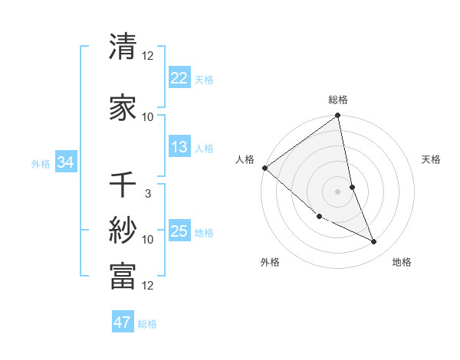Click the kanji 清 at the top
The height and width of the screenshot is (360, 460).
tap(123, 47)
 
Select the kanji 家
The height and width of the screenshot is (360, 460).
tap(123, 109)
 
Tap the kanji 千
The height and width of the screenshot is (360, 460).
tap(123, 186)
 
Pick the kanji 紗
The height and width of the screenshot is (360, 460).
tap(123, 231)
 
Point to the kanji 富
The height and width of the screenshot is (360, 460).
tap(123, 276)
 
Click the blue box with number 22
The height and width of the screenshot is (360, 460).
tap(179, 77)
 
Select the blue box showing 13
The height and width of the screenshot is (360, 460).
tap(179, 147)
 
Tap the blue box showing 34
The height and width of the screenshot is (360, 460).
tap(65, 162)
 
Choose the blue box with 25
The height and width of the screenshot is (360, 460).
tap(179, 231)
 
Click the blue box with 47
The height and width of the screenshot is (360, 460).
tap(123, 322)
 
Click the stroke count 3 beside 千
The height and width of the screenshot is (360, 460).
tap(147, 194)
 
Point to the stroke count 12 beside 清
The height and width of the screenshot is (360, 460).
tap(148, 56)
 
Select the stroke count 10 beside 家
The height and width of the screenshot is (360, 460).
tap(148, 117)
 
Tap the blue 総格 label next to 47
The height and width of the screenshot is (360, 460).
tap(147, 324)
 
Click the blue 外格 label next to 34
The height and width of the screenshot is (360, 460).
tap(41, 163)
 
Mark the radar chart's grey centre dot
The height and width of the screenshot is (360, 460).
tap(337, 191)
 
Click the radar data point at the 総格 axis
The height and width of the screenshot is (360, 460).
tap(337, 116)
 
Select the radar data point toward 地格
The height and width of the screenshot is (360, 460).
tap(374, 242)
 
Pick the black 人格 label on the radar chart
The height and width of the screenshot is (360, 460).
tap(245, 159)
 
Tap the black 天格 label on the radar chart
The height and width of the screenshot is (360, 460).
tap(431, 159)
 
